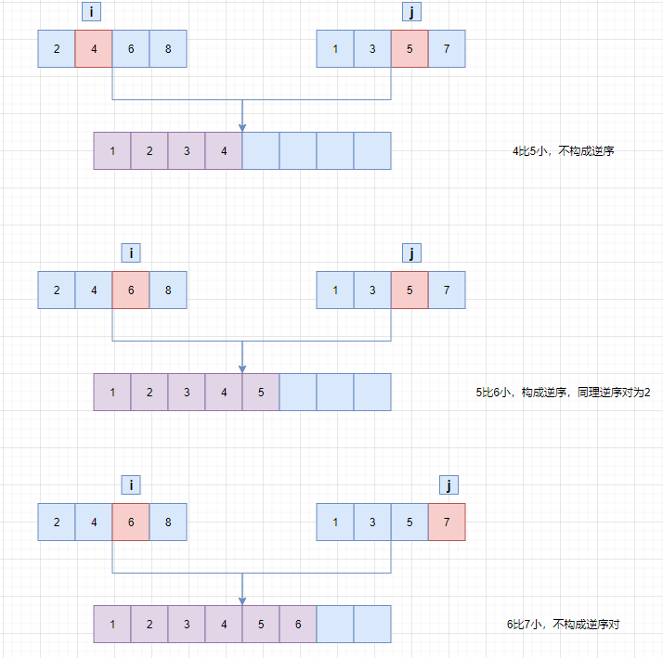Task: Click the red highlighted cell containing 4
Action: [x=94, y=48]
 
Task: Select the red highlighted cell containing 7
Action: [x=447, y=522]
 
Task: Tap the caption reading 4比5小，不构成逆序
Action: [x=563, y=151]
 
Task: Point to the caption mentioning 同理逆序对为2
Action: [x=563, y=393]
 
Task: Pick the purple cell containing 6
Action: [x=298, y=624]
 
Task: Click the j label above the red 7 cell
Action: [x=448, y=484]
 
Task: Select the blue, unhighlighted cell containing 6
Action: [x=131, y=48]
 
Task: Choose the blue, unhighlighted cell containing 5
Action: [x=409, y=522]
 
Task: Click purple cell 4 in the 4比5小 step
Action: [x=224, y=150]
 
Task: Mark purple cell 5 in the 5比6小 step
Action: [x=261, y=392]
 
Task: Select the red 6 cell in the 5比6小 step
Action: [x=131, y=290]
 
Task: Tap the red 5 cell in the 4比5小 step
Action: [x=409, y=48]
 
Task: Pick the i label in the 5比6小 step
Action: [x=131, y=252]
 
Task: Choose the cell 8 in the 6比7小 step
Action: [x=168, y=522]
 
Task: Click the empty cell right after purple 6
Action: [x=335, y=624]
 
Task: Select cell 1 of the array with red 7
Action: [x=335, y=522]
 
